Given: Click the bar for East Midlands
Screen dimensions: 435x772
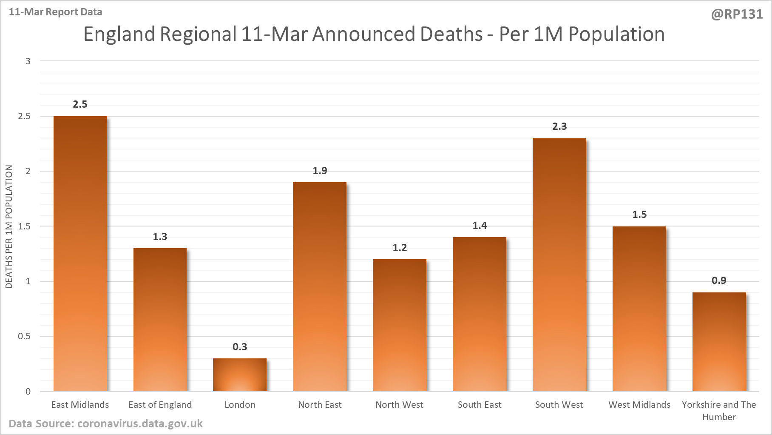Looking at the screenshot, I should pyautogui.click(x=80, y=254).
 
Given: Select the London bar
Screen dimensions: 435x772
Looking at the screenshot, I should pyautogui.click(x=240, y=375).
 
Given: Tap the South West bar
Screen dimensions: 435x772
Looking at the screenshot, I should pyautogui.click(x=559, y=265).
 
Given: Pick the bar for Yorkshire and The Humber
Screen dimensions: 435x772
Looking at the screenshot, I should pyautogui.click(x=719, y=342).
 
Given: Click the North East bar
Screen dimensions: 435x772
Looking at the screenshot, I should pyautogui.click(x=320, y=286).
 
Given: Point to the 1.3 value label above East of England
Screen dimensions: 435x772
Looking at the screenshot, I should pyautogui.click(x=160, y=237).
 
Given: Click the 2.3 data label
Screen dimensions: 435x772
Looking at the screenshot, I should pyautogui.click(x=559, y=126).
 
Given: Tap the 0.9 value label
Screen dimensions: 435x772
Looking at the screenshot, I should pyautogui.click(x=719, y=280).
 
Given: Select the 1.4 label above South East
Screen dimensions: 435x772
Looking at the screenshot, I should pyautogui.click(x=480, y=226).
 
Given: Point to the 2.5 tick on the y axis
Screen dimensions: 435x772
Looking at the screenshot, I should pyautogui.click(x=24, y=116).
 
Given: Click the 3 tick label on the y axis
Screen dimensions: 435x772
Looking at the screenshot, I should pyautogui.click(x=28, y=61).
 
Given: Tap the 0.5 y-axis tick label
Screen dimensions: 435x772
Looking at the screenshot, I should pyautogui.click(x=24, y=336).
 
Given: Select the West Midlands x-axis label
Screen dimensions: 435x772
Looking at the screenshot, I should pyautogui.click(x=639, y=405).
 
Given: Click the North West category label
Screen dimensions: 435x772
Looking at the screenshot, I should pyautogui.click(x=399, y=405).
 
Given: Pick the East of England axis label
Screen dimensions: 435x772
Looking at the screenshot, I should pyautogui.click(x=160, y=405).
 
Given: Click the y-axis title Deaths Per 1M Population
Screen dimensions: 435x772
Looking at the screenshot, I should pyautogui.click(x=9, y=226).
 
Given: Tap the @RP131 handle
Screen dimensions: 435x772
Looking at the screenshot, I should pyautogui.click(x=737, y=14).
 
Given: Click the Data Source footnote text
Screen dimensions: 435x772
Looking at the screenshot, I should pyautogui.click(x=105, y=424).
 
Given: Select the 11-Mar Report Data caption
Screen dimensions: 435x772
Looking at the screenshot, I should pyautogui.click(x=55, y=12).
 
